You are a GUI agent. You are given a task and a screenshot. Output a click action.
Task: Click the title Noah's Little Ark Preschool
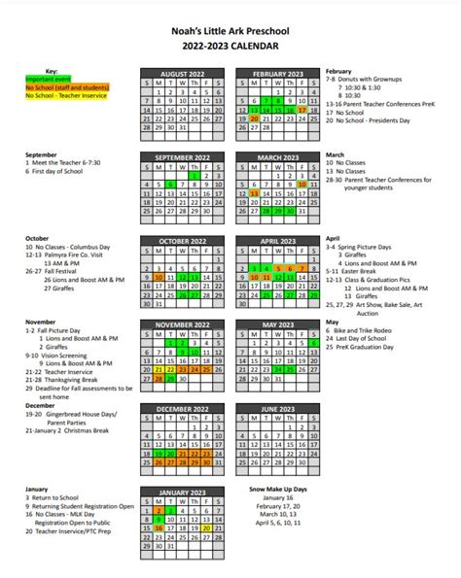coord(231,29)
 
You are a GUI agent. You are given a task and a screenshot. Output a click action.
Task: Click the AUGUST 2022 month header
coord(183,73)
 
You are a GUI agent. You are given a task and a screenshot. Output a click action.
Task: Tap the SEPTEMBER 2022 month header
coord(183,156)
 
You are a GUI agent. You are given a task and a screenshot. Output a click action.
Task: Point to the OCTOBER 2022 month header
coord(183,240)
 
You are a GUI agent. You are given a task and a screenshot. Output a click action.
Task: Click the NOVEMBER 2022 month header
coord(183,323)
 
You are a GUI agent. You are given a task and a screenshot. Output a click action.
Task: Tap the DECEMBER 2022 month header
coord(183,409)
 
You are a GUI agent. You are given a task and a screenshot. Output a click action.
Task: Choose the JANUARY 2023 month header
coord(183,493)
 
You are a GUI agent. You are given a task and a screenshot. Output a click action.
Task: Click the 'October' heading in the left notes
coord(37,238)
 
